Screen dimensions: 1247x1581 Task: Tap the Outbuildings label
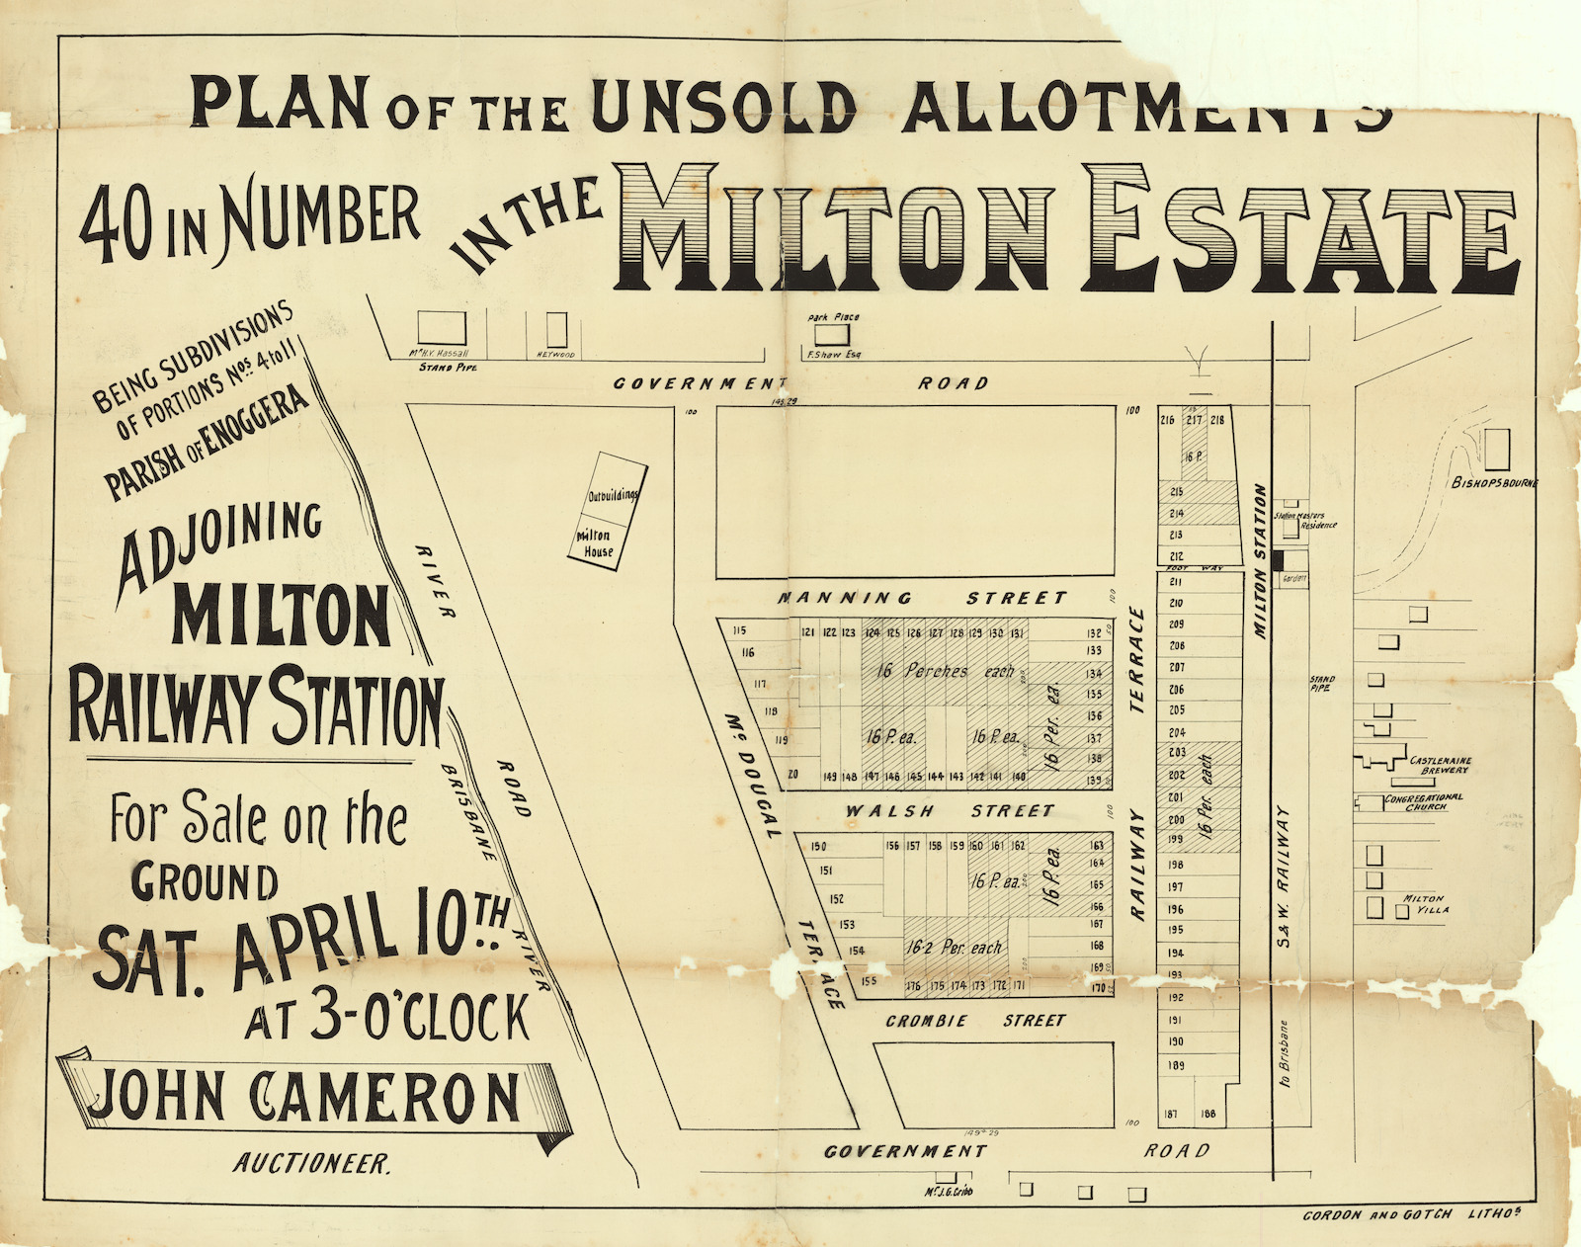tap(614, 494)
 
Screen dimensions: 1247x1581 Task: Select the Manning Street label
tap(922, 598)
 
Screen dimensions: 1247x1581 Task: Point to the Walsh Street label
tap(949, 811)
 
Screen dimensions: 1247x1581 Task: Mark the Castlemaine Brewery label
tap(1440, 765)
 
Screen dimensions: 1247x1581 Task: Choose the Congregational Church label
tap(1424, 801)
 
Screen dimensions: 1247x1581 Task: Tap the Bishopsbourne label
tap(1494, 483)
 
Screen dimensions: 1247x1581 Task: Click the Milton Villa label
tap(1424, 903)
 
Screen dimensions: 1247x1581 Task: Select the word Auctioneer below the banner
tap(312, 1164)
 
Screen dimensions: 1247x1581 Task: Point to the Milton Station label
tap(1260, 560)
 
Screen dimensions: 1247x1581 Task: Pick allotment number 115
tap(740, 631)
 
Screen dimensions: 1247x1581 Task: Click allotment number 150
tap(817, 847)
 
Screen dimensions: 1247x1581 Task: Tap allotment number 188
tap(1207, 1115)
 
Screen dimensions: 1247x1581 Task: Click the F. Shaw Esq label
tap(834, 354)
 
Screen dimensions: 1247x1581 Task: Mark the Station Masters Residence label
tap(1305, 520)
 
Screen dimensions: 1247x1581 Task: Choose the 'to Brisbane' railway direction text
tap(1285, 1054)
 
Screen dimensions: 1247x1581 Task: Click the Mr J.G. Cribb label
tap(948, 1192)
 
